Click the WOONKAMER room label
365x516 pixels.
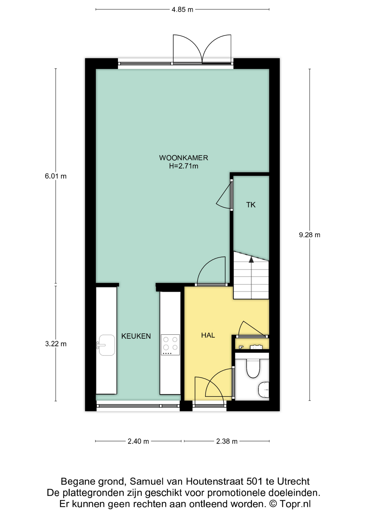(184, 158)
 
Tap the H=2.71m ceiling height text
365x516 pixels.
(184, 166)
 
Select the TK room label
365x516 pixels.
(251, 205)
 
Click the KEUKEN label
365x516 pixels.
(136, 336)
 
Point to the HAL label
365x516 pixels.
(208, 335)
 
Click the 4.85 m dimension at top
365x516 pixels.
(182, 10)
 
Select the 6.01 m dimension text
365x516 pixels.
(56, 176)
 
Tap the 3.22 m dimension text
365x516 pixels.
(56, 344)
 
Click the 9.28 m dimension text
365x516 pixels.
(310, 235)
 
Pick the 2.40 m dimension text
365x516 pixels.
(138, 441)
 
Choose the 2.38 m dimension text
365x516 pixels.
(227, 441)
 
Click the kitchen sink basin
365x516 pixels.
(107, 345)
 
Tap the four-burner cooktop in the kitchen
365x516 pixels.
(170, 345)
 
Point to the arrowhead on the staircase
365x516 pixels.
(251, 259)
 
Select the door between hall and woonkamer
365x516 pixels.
(211, 271)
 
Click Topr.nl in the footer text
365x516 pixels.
(295, 504)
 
